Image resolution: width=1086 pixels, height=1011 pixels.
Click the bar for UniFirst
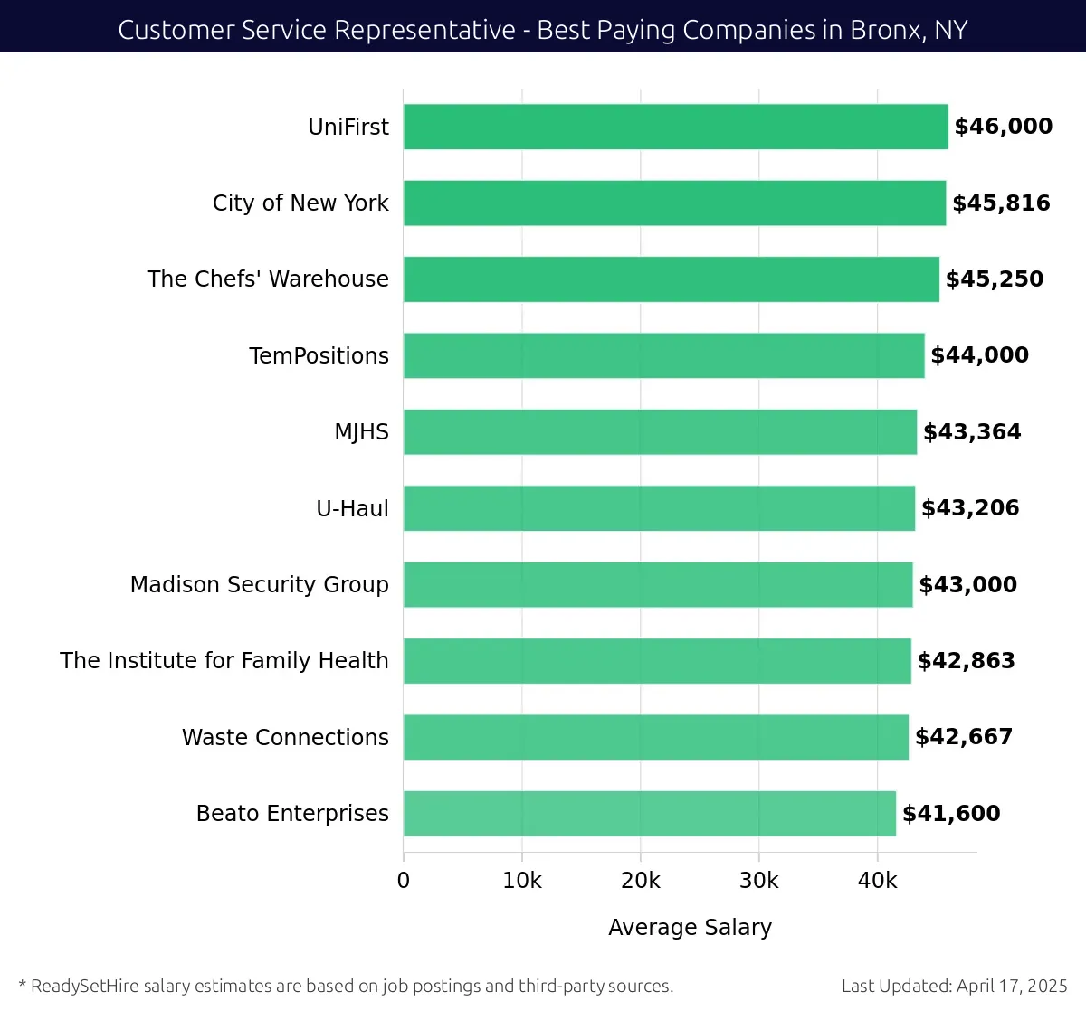[675, 127]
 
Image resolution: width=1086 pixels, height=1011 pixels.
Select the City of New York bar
[674, 203]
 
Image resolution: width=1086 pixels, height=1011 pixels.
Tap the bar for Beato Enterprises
[649, 813]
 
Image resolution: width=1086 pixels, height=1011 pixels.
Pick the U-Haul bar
[659, 508]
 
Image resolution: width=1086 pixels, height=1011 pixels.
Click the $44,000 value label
[979, 355]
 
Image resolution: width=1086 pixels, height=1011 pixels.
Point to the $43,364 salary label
[972, 432]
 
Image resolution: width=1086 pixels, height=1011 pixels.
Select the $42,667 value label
[964, 737]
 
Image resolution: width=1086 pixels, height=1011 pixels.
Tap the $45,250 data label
[995, 279]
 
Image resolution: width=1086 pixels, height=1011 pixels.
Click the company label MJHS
[361, 432]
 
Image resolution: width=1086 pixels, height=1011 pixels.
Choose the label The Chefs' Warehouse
[268, 279]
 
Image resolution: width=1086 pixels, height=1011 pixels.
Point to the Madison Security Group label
[260, 585]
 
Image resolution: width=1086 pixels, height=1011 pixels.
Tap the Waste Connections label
[285, 737]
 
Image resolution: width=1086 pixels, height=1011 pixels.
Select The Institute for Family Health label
[224, 661]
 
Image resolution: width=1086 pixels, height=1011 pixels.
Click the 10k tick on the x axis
[522, 881]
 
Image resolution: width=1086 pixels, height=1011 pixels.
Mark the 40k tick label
[877, 881]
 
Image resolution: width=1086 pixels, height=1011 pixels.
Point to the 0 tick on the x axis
[404, 881]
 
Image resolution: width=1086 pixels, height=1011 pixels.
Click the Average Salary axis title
[690, 928]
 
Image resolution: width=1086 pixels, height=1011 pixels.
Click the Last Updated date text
[954, 986]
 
